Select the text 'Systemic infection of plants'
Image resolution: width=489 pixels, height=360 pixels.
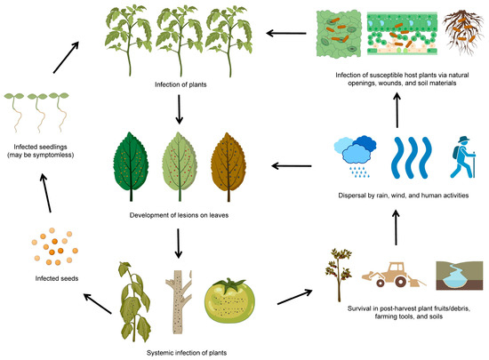tap(182, 352)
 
